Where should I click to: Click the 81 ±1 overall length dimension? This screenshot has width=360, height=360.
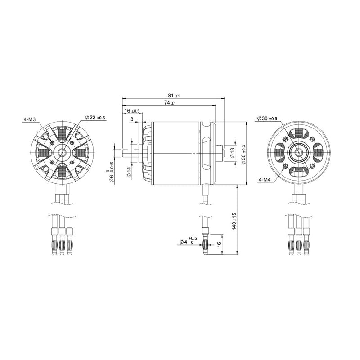point(174,96)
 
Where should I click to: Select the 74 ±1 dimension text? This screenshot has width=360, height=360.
point(170,103)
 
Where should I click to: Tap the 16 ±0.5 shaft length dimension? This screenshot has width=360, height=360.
point(131,111)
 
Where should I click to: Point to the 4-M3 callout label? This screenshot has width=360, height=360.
point(30,120)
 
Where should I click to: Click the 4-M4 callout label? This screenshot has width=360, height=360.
point(265,179)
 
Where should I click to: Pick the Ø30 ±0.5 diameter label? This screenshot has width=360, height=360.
point(267,118)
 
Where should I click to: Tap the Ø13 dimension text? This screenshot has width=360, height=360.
point(232,152)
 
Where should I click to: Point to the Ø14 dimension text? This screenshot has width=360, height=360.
point(129,173)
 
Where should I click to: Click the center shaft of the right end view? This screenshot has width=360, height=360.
point(298,152)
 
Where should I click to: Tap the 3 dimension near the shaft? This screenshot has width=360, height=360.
point(132,119)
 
